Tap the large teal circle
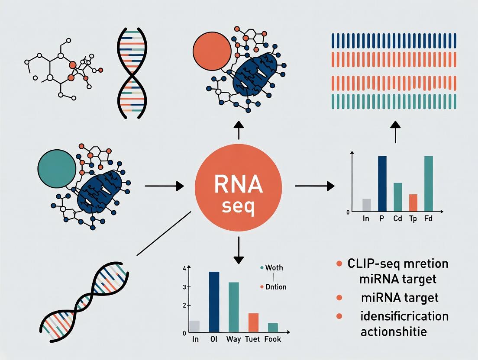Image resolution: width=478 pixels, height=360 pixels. (x=57, y=168)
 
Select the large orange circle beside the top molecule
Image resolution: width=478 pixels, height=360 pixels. (x=212, y=51)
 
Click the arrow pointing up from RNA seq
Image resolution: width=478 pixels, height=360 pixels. (x=239, y=130)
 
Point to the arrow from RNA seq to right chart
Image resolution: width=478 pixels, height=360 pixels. (x=315, y=186)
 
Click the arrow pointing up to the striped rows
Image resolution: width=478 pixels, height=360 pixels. (x=395, y=132)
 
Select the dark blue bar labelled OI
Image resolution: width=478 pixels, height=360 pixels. (x=214, y=302)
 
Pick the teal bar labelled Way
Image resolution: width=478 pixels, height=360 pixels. (x=233, y=307)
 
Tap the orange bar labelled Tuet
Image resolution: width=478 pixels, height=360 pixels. (x=253, y=322)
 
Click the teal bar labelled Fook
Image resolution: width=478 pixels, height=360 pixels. (x=273, y=328)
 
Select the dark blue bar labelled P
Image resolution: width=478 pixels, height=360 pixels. (x=382, y=183)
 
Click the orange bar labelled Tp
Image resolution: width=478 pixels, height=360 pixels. (x=413, y=203)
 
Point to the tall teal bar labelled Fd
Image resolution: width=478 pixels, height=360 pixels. (x=429, y=183)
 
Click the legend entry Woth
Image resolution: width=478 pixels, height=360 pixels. (x=271, y=268)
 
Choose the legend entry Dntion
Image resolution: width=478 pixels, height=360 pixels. (x=273, y=287)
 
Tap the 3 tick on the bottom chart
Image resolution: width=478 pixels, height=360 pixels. (x=184, y=287)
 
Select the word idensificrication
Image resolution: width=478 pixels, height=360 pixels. (x=404, y=316)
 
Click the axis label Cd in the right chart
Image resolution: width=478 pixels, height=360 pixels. (x=397, y=219)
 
